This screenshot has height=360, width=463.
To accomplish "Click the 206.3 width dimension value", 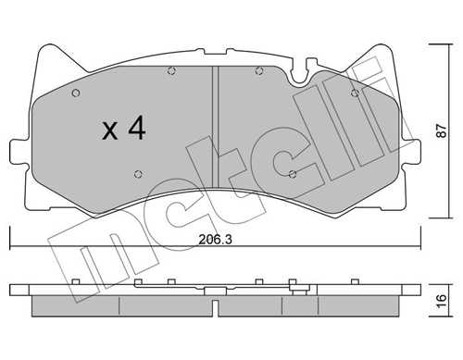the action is pyautogui.click(x=215, y=240).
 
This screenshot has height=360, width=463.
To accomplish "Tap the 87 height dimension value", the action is pyautogui.click(x=442, y=130).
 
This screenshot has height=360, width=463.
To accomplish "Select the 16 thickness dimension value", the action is pyautogui.click(x=442, y=300).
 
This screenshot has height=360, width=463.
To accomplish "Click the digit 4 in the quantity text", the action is pyautogui.click(x=137, y=128).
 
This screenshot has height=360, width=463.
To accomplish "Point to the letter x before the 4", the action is pyautogui.click(x=110, y=130).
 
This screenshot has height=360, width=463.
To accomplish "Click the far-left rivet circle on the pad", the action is pyautogui.click(x=76, y=93).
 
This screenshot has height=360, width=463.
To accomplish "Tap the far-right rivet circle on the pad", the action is pyautogui.click(x=356, y=93).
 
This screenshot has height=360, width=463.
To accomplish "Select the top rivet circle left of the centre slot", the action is pyautogui.click(x=171, y=71).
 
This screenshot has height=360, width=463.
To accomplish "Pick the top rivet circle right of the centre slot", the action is pyautogui.click(x=259, y=71).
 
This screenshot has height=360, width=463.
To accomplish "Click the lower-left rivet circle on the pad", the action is pyautogui.click(x=139, y=174).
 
